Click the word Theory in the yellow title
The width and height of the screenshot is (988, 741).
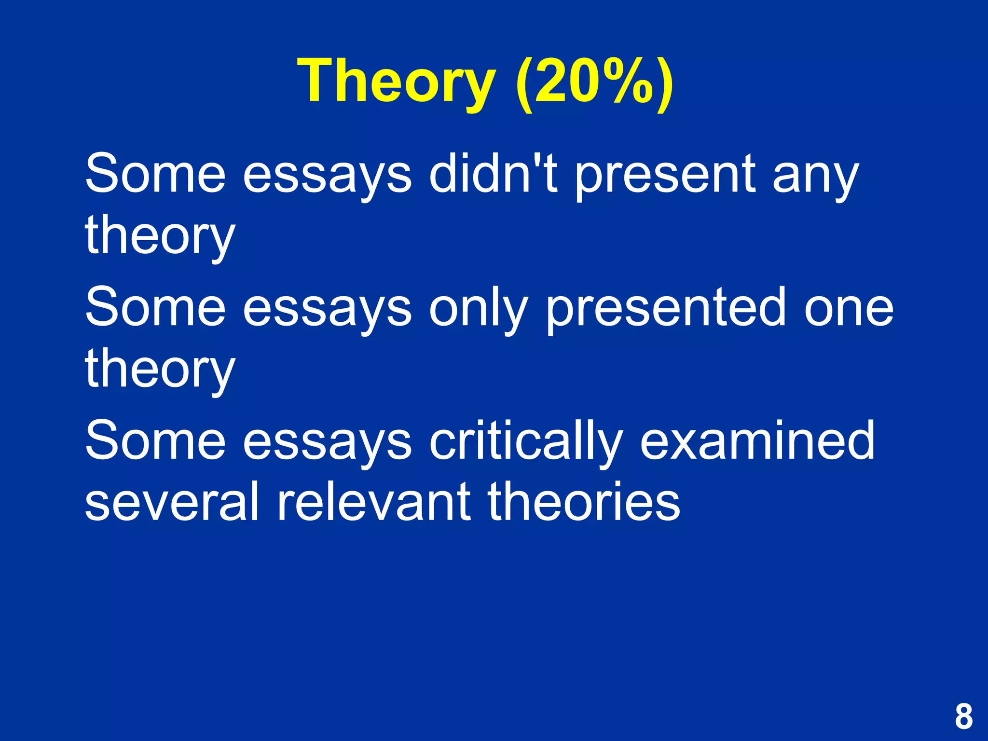click(x=397, y=81)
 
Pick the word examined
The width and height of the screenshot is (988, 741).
click(x=757, y=441)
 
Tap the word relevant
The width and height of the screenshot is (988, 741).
click(x=373, y=502)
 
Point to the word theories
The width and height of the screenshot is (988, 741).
click(x=584, y=502)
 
